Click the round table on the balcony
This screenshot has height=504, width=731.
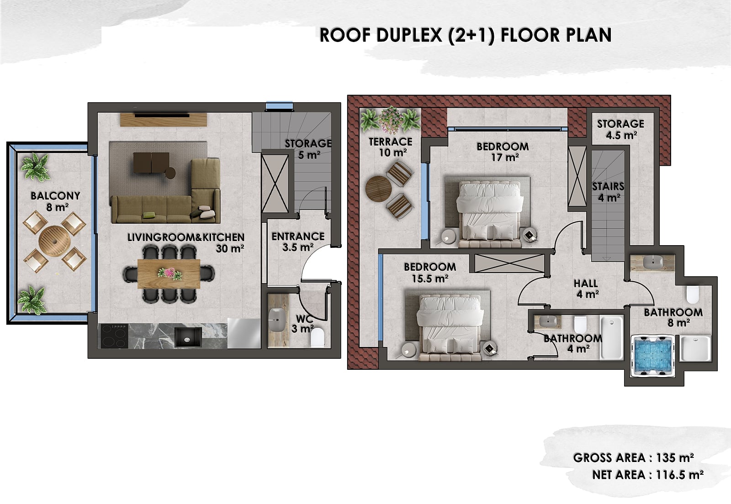click(54, 241)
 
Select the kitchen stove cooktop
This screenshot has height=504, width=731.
click(114, 336)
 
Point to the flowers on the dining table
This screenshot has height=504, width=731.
click(170, 273)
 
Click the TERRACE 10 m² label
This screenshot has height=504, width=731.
click(391, 147)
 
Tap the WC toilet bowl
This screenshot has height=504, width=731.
click(317, 337)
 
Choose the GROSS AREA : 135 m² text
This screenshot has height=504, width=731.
click(633, 458)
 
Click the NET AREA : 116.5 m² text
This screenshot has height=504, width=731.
click(648, 475)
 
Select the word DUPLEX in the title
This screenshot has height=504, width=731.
click(409, 35)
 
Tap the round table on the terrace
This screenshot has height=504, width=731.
click(379, 189)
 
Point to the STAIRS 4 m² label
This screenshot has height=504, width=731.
click(608, 192)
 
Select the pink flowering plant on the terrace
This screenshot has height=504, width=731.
click(391, 120)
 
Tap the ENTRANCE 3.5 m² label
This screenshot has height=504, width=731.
click(298, 241)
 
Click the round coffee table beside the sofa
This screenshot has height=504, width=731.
click(170, 173)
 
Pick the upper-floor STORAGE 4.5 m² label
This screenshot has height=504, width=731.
click(621, 129)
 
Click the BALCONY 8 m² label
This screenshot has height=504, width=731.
click(55, 201)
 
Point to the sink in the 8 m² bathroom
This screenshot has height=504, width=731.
click(653, 262)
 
